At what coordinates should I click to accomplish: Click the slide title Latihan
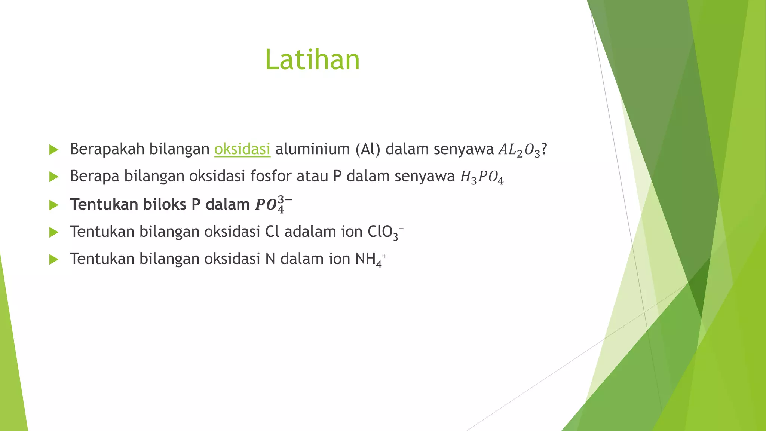[x=312, y=59]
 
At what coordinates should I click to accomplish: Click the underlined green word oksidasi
[x=242, y=149]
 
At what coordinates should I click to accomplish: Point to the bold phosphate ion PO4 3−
[x=273, y=204]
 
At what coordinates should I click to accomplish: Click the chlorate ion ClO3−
[x=385, y=232]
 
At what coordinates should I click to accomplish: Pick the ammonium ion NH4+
[x=371, y=259]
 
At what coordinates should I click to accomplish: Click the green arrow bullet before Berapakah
[x=54, y=150]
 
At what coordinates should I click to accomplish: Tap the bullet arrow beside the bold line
[x=54, y=205]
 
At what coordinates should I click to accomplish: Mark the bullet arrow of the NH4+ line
[x=54, y=259]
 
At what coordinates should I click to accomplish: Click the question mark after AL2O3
[x=544, y=149]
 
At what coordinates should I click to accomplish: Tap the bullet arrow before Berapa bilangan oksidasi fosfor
[x=54, y=177]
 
